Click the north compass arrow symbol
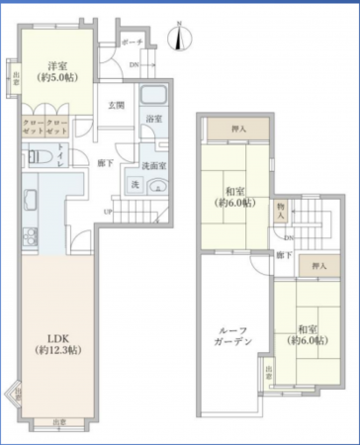pyautogui.click(x=175, y=38)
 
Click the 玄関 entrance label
pyautogui.click(x=117, y=104)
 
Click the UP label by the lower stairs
pyautogui.click(x=110, y=211)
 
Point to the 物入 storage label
pyautogui.click(x=281, y=209)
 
